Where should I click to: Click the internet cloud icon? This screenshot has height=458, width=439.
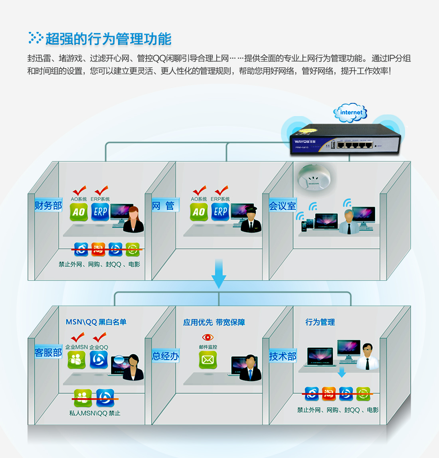(x=350, y=113)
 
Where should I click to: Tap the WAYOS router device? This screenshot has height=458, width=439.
(x=345, y=139)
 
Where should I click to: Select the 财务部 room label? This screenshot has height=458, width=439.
(x=48, y=205)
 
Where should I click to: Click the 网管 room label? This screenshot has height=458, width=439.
(x=164, y=206)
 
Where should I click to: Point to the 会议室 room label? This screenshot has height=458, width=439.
(x=283, y=206)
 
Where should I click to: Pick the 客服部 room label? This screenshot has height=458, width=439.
(x=48, y=352)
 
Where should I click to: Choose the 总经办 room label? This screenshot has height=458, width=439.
(x=165, y=356)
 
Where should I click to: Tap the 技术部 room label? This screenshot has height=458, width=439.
(x=283, y=356)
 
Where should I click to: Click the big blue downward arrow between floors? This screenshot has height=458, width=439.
(x=219, y=273)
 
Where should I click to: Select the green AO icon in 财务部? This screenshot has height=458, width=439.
(x=79, y=212)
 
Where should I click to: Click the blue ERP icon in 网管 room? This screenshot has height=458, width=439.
(x=220, y=212)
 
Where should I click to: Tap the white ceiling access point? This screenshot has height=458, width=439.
(x=313, y=178)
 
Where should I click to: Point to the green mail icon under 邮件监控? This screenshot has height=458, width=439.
(x=208, y=360)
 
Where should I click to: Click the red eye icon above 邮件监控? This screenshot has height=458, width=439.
(x=208, y=338)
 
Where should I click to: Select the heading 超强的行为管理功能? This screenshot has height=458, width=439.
(x=108, y=39)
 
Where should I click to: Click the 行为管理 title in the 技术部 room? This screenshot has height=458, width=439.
(x=320, y=322)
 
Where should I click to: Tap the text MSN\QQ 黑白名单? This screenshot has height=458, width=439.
(x=96, y=322)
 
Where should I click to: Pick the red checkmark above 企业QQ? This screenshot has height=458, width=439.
(x=99, y=337)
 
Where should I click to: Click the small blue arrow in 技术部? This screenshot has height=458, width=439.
(x=342, y=373)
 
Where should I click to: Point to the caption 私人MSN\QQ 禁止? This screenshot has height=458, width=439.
(x=95, y=413)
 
